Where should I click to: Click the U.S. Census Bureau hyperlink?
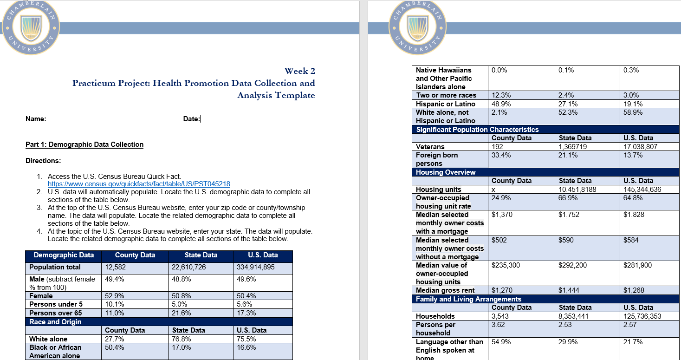(x=139, y=184)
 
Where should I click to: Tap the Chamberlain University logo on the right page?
(x=417, y=28)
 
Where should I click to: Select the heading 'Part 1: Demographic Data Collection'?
(x=84, y=144)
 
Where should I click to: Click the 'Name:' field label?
(x=36, y=119)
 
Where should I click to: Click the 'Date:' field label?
(x=191, y=119)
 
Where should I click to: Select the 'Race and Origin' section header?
(x=55, y=322)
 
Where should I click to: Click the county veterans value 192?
(x=498, y=147)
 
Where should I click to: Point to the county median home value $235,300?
(x=506, y=265)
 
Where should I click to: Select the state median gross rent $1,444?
(x=569, y=290)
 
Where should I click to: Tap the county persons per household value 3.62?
(x=499, y=325)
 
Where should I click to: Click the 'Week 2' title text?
(x=299, y=71)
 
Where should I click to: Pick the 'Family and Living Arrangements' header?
(x=468, y=299)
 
